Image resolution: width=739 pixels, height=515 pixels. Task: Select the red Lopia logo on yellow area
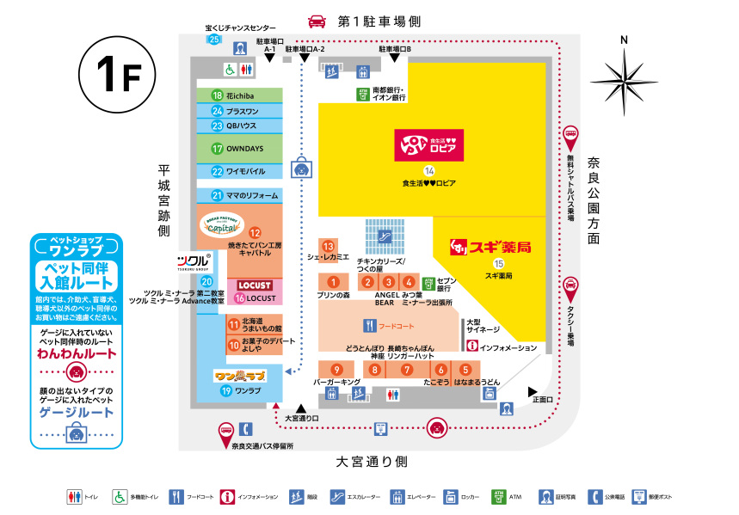coord(428,145)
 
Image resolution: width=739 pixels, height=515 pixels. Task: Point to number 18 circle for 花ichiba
coord(218,95)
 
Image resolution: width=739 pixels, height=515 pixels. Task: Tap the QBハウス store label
coord(242,126)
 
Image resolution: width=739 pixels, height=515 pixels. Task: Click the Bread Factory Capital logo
coord(223,225)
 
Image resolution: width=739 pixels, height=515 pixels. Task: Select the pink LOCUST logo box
coord(254,285)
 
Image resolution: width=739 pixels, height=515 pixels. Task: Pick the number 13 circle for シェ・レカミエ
coord(327,247)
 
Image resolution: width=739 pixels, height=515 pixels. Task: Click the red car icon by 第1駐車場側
coord(317,21)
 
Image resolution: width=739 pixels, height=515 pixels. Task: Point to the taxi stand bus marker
coord(570,287)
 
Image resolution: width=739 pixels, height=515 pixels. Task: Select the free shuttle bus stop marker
coord(570,136)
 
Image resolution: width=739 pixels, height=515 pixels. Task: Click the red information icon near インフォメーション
coord(471,346)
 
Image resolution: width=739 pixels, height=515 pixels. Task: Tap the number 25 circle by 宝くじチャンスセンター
coord(214,40)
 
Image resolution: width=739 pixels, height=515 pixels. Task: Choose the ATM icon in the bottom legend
coord(497,497)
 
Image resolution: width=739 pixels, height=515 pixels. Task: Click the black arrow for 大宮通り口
coord(301,408)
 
